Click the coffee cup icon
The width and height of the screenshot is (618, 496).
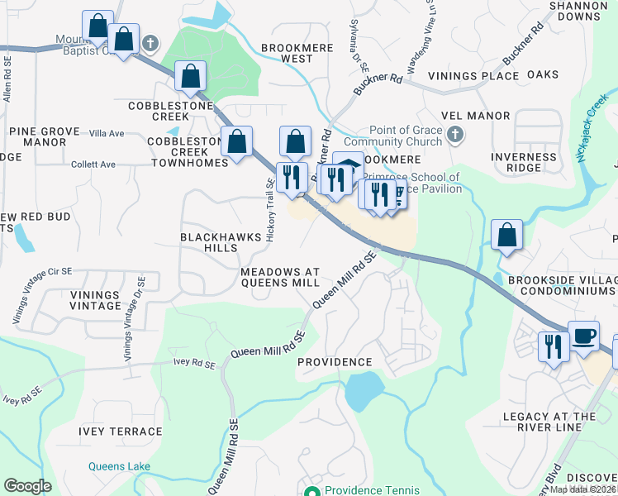pos(583,336)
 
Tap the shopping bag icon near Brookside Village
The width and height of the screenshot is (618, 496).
pos(506,236)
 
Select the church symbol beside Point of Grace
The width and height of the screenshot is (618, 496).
pos(454,134)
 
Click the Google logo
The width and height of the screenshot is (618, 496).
pos(27,486)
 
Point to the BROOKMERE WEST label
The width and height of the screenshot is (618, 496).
pos(287,54)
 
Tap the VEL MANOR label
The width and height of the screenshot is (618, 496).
pos(476,116)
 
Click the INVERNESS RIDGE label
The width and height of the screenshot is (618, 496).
pos(523,162)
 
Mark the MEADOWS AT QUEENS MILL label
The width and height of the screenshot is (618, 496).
pos(279,277)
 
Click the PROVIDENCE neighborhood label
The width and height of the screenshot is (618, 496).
pos(334,362)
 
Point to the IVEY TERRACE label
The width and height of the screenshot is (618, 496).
pos(121,432)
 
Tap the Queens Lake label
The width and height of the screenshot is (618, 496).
pos(120,466)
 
